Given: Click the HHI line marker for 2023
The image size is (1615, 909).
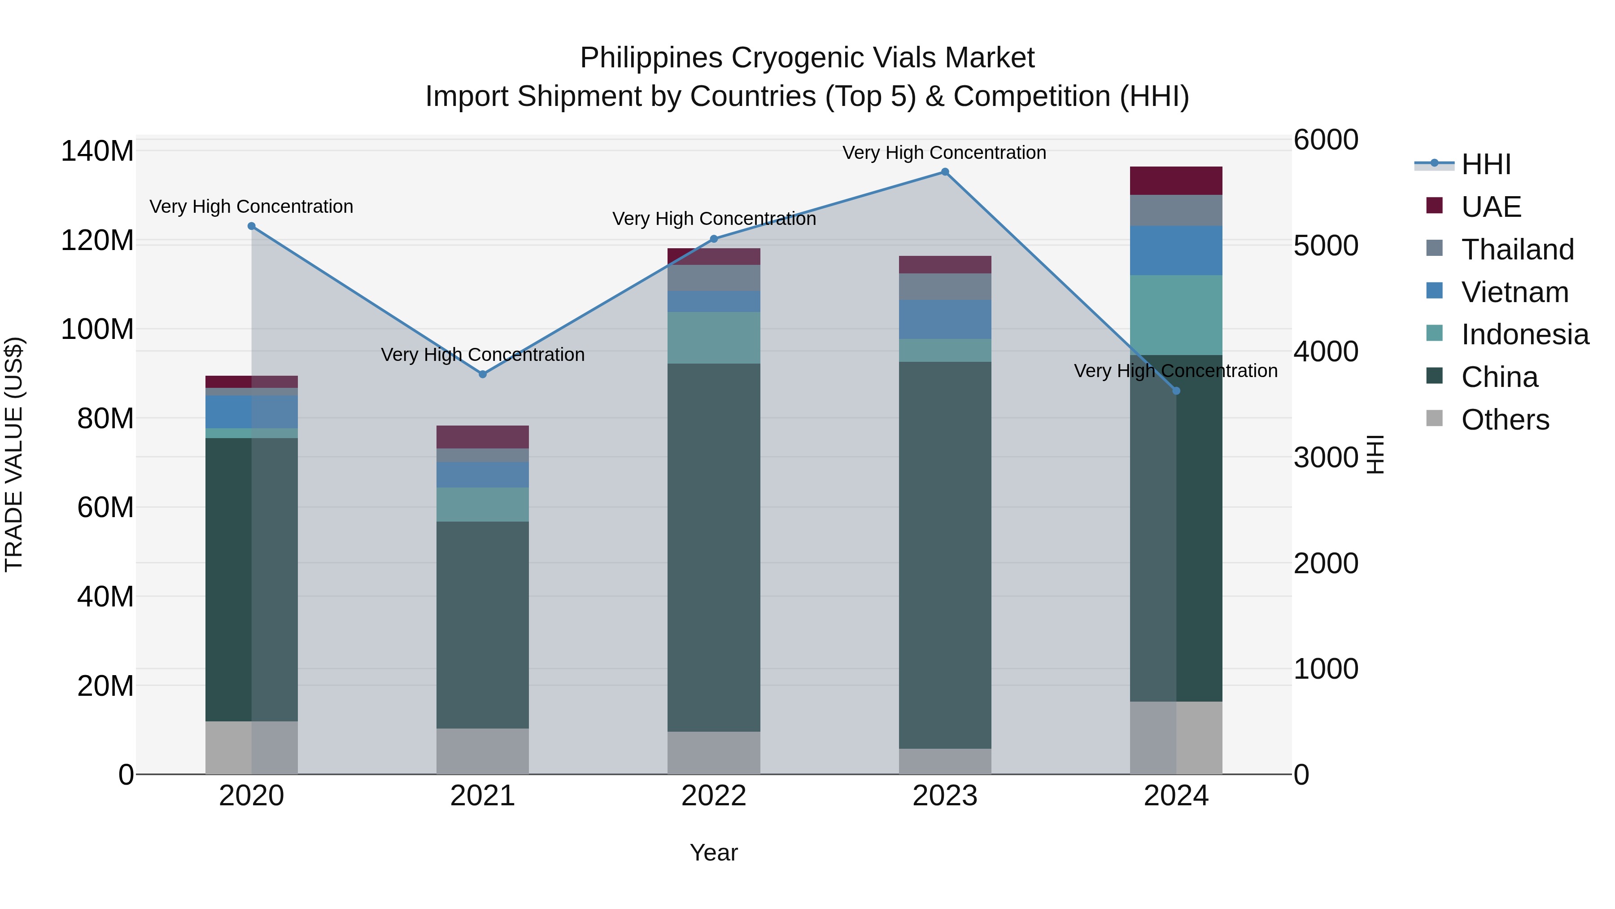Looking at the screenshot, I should [945, 172].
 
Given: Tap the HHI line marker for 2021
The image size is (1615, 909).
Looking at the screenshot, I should [483, 374].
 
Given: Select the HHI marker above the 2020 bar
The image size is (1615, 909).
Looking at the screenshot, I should [251, 226].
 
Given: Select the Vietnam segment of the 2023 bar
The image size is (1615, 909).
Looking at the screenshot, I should [945, 319].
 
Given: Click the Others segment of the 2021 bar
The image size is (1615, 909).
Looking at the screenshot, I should [483, 751].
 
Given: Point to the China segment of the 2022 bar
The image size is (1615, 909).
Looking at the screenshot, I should [713, 547].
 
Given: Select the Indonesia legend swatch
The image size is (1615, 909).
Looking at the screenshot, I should [1435, 333].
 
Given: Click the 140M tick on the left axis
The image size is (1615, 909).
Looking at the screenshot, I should [97, 151].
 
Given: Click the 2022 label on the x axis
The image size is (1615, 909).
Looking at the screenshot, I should [713, 796].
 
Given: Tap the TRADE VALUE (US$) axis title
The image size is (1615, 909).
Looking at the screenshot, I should [14, 454].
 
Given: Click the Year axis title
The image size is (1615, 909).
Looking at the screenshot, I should [713, 852].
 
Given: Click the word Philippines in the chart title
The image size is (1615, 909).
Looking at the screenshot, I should [650, 58].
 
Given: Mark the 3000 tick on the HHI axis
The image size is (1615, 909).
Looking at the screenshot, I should [1325, 457].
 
